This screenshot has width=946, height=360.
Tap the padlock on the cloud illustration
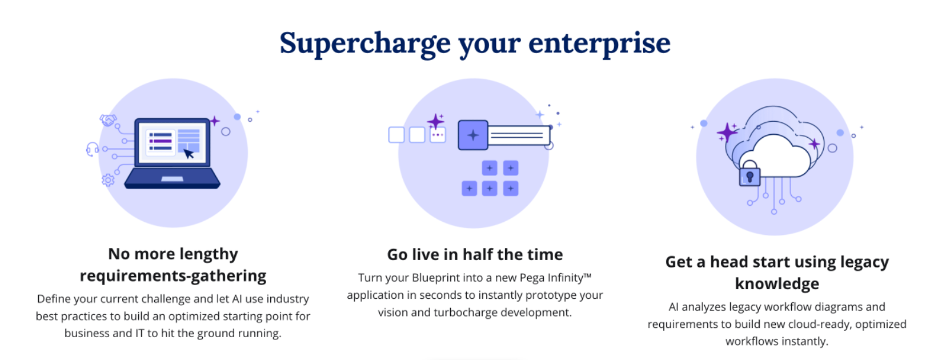[x=749, y=173]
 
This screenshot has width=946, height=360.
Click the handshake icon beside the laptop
[x=108, y=120]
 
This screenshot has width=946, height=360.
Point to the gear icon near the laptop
[x=108, y=180]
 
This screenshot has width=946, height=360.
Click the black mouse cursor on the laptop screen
[x=189, y=153]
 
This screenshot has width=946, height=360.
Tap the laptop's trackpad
[x=173, y=179]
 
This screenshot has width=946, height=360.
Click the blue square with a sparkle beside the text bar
[x=473, y=135]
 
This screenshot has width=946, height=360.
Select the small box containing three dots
[x=438, y=135]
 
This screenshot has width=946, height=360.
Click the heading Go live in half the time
[x=475, y=254]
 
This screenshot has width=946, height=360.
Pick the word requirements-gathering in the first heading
[x=173, y=276]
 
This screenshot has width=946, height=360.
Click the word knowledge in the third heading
[x=777, y=283]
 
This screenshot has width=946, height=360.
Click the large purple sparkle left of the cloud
[x=727, y=133]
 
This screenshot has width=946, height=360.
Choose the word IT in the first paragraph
[x=140, y=333]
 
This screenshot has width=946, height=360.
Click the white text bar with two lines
[x=519, y=135]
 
